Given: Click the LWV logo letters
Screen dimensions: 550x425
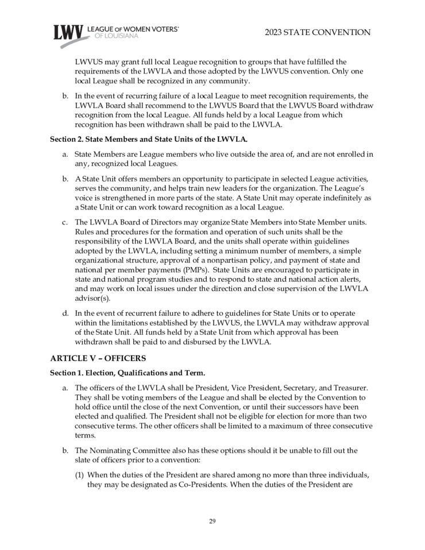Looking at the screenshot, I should pyautogui.click(x=68, y=33).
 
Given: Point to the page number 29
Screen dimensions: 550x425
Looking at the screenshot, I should pyautogui.click(x=212, y=521).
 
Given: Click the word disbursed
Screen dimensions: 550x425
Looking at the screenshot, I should pyautogui.click(x=190, y=342).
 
